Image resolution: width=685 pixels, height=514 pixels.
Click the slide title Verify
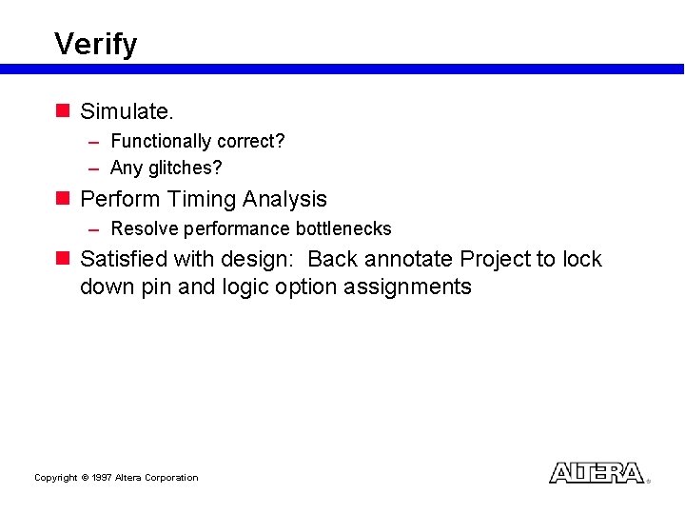click(x=95, y=44)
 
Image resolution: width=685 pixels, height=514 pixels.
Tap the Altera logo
click(x=597, y=473)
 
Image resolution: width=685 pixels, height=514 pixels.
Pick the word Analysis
click(x=284, y=199)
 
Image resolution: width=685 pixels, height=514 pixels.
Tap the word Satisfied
click(x=124, y=259)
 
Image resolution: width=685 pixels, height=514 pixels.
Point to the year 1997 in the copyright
click(x=102, y=478)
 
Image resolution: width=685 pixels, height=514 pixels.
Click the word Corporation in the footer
click(x=170, y=478)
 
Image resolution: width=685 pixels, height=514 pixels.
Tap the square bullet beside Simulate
click(x=63, y=111)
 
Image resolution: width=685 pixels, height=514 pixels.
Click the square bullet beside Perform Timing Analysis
click(x=63, y=199)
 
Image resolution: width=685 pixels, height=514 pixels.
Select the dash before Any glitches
click(x=94, y=168)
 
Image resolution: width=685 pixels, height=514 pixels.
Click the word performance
click(x=236, y=228)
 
